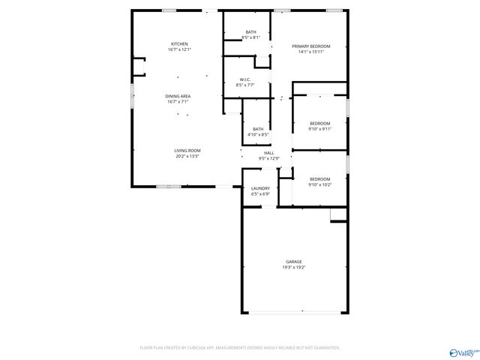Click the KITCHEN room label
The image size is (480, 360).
pos(178,44)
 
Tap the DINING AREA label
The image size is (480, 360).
pos(178,97)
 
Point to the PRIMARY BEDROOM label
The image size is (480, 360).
pos(310,46)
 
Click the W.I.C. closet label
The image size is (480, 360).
pos(244,80)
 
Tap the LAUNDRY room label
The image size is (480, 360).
pos(260,188)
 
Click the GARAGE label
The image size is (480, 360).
pos(293,262)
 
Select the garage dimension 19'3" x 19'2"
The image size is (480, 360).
pos(293,267)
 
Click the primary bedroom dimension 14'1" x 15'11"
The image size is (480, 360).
pos(310,52)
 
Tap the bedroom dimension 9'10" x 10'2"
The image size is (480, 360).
pos(319,184)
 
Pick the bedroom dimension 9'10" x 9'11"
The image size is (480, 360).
pos(319,128)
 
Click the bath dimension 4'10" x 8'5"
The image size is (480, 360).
pos(258,134)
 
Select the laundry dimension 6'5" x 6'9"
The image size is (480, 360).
pos(260,193)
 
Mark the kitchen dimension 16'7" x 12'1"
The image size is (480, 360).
pos(178,49)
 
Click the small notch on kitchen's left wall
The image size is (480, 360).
pos(138,68)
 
